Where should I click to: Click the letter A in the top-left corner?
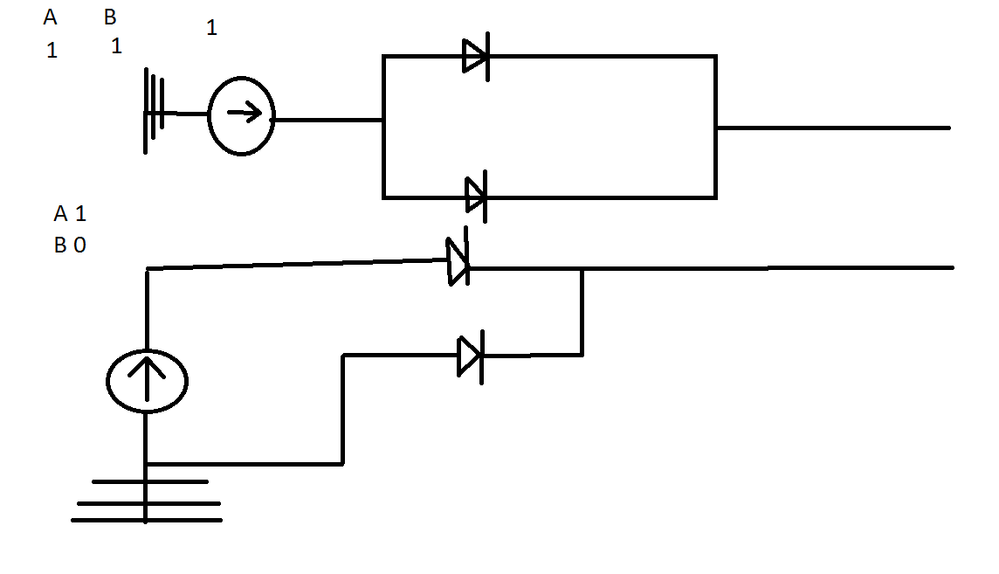(50, 18)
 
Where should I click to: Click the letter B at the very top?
(110, 18)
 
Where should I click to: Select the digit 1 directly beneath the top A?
(52, 51)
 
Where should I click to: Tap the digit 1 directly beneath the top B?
(116, 46)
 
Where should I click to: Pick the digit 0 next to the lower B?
(79, 246)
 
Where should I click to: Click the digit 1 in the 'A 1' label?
(80, 214)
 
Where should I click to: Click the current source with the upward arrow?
(147, 381)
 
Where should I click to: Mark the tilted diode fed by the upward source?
(458, 260)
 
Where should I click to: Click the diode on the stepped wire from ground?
(471, 356)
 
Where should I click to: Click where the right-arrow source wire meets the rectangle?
(383, 120)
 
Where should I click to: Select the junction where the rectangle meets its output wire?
(716, 128)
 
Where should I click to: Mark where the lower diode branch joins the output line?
(582, 268)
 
